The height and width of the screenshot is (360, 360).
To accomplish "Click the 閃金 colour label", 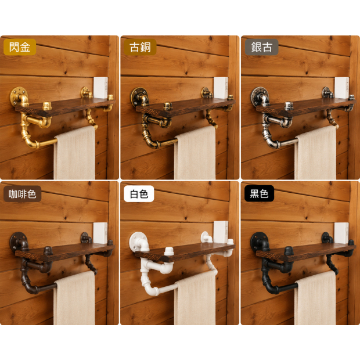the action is (20, 47).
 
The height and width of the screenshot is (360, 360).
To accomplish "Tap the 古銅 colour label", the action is (140, 47).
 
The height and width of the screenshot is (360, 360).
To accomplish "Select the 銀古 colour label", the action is (261, 47).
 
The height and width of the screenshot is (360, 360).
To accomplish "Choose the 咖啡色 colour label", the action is (22, 194).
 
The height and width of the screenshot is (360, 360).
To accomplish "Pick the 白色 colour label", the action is (139, 194).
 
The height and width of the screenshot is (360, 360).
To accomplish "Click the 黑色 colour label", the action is (259, 193).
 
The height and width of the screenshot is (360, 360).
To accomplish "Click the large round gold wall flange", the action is (18, 96).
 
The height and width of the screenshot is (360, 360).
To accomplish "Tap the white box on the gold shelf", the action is (100, 88).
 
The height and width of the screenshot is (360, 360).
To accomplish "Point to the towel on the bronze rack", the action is (195, 153).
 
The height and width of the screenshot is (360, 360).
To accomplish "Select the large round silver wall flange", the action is (259, 96).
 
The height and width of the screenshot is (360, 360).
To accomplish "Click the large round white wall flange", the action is (138, 241).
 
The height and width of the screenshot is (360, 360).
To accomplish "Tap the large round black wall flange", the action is (258, 242).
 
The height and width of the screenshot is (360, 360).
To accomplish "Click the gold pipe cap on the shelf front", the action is (47, 106).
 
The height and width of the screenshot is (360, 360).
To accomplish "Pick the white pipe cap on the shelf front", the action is (169, 251).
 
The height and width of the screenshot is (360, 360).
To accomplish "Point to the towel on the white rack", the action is (195, 298).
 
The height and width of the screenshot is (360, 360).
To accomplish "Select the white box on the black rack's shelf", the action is (341, 233).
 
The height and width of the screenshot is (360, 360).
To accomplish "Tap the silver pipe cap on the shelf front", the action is (289, 106).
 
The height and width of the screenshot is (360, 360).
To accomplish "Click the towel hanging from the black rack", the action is (315, 298).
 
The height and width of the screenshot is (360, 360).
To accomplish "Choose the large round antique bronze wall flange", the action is (139, 96).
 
